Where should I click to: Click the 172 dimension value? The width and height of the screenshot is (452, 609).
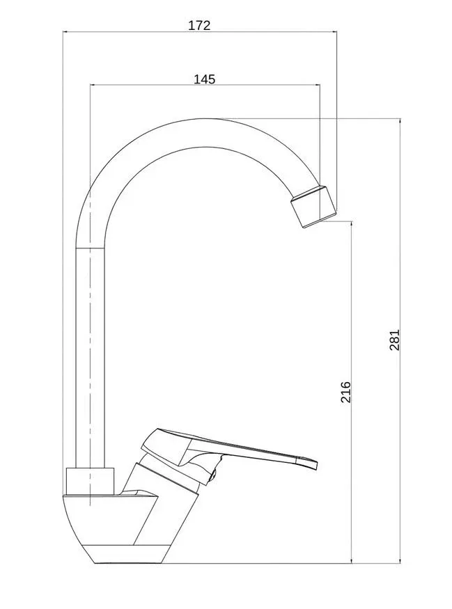199,25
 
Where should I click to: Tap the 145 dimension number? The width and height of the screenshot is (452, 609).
205,79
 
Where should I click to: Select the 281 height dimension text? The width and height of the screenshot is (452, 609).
394,340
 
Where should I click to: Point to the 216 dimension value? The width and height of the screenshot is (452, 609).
345,393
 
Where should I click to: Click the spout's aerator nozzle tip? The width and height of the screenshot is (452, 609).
313,207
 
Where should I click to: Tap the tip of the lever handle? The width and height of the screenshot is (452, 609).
315,466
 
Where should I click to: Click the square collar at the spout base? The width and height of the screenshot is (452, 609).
90,482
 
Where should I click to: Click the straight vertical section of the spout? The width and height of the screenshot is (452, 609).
90,357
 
